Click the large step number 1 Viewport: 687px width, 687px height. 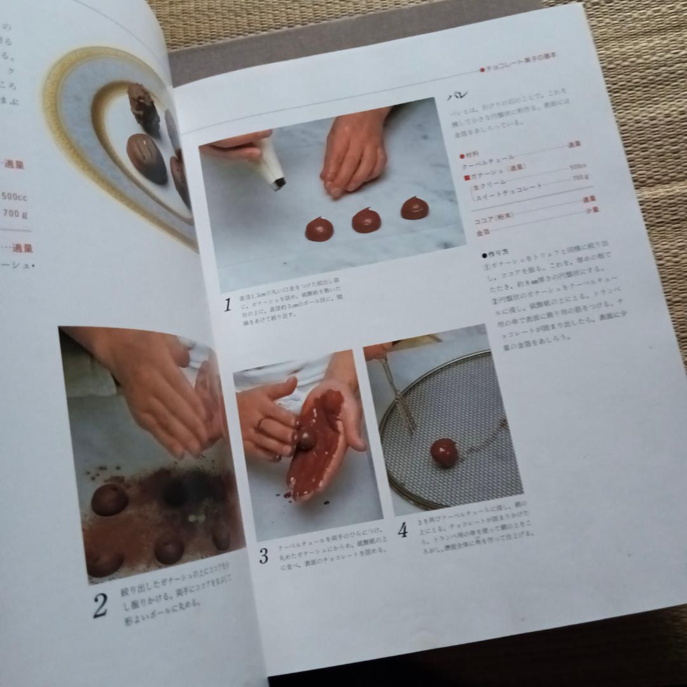pos(226,305)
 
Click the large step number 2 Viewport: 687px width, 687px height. pos(100,605)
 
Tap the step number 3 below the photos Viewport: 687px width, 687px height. pos(263,555)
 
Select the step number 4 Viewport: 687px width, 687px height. pos(403,530)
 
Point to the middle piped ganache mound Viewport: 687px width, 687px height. pos(366,220)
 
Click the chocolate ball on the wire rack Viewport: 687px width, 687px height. pos(443,452)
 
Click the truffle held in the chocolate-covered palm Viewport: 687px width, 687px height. pos(307,439)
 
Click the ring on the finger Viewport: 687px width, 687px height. pos(261,422)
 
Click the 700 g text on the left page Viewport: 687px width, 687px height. pos(15,213)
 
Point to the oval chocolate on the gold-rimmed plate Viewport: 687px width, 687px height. pos(146,156)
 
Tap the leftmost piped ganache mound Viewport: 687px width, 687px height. pos(318,228)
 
